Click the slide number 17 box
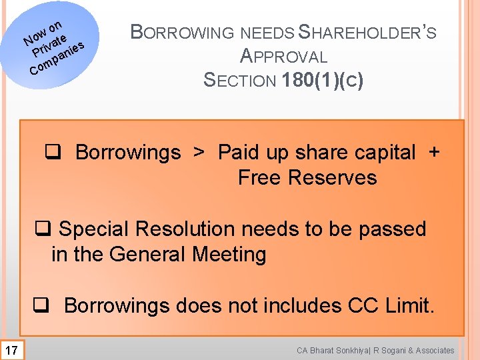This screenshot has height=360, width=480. [12, 349]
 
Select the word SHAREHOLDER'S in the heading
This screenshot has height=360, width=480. [367, 32]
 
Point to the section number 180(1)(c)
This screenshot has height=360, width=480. [323, 81]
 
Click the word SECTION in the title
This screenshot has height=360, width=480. [239, 81]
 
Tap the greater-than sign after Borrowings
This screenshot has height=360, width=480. [199, 153]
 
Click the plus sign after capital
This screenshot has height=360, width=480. [434, 153]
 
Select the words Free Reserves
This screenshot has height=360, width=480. [307, 178]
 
